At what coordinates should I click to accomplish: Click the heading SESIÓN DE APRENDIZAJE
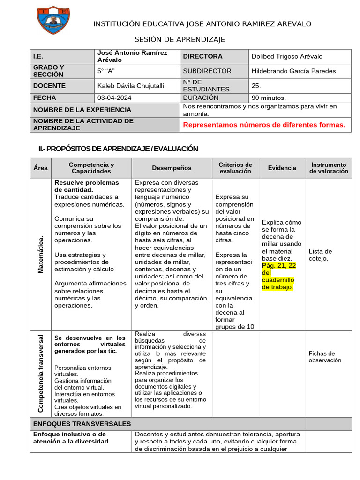180,39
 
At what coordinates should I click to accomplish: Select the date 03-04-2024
114,98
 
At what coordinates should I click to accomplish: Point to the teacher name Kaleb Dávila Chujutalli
131,86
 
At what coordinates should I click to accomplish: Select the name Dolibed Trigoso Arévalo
287,56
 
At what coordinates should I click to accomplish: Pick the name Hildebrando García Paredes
293,71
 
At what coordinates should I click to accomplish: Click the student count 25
256,86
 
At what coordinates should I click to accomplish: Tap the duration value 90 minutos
269,98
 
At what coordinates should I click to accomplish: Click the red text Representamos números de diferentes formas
264,125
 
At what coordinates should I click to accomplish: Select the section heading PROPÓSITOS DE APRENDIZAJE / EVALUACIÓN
118,149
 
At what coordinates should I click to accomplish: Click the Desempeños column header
172,168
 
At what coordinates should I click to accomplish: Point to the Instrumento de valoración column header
329,168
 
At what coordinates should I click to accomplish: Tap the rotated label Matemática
40,255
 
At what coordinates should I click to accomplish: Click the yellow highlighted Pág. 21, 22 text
279,276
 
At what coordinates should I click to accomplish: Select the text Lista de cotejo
321,255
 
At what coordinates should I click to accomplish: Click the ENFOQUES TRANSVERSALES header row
82,424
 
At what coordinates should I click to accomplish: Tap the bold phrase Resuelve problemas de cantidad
87,186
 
